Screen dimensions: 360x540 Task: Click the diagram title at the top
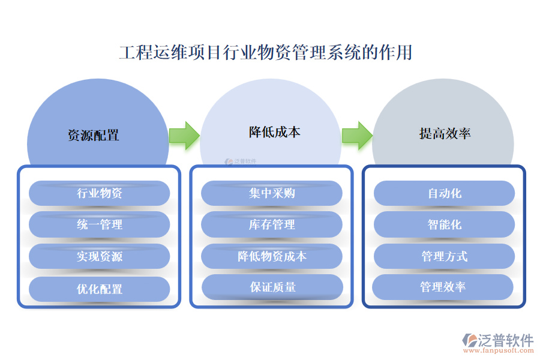[x=266, y=53]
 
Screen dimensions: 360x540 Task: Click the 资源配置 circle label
[x=94, y=135]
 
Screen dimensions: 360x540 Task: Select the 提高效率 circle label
[x=445, y=133]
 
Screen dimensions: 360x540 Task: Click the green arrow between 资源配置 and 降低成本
[x=184, y=135]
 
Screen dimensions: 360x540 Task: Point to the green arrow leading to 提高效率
[x=357, y=135]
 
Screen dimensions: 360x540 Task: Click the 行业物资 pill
[x=100, y=193]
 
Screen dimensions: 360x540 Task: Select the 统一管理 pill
[x=100, y=224]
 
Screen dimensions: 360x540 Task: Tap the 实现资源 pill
[x=100, y=256]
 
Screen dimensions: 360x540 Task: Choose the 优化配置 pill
[x=100, y=289]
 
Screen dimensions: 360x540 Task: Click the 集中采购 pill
[x=272, y=193]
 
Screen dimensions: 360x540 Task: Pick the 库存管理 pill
[x=272, y=224]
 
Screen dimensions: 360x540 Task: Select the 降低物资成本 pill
[x=272, y=256]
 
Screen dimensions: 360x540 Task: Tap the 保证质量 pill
[x=272, y=287]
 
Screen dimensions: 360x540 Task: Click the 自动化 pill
[x=445, y=193]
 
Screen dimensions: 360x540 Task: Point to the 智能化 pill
[x=445, y=224]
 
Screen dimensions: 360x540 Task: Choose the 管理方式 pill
[x=445, y=256]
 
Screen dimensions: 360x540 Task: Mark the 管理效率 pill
[x=443, y=287]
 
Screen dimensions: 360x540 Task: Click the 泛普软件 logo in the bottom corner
[x=497, y=343]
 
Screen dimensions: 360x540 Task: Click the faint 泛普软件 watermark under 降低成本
[x=241, y=161]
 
